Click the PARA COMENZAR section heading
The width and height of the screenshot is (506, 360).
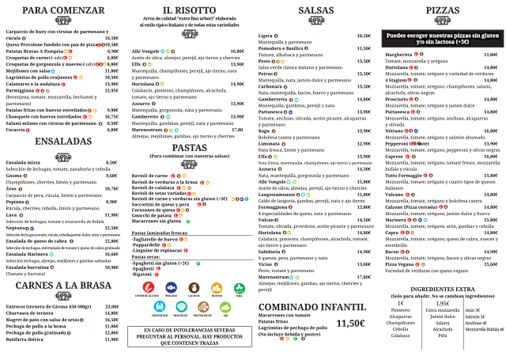click(x=63, y=10)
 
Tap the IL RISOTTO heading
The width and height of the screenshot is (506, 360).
click(x=189, y=10)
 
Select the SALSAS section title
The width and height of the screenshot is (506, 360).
click(x=315, y=10)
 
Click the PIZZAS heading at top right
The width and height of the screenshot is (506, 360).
click(x=441, y=10)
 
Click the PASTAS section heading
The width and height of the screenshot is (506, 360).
click(x=189, y=147)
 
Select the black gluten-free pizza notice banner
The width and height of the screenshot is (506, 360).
click(x=441, y=39)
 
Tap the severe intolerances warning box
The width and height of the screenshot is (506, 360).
click(x=189, y=336)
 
